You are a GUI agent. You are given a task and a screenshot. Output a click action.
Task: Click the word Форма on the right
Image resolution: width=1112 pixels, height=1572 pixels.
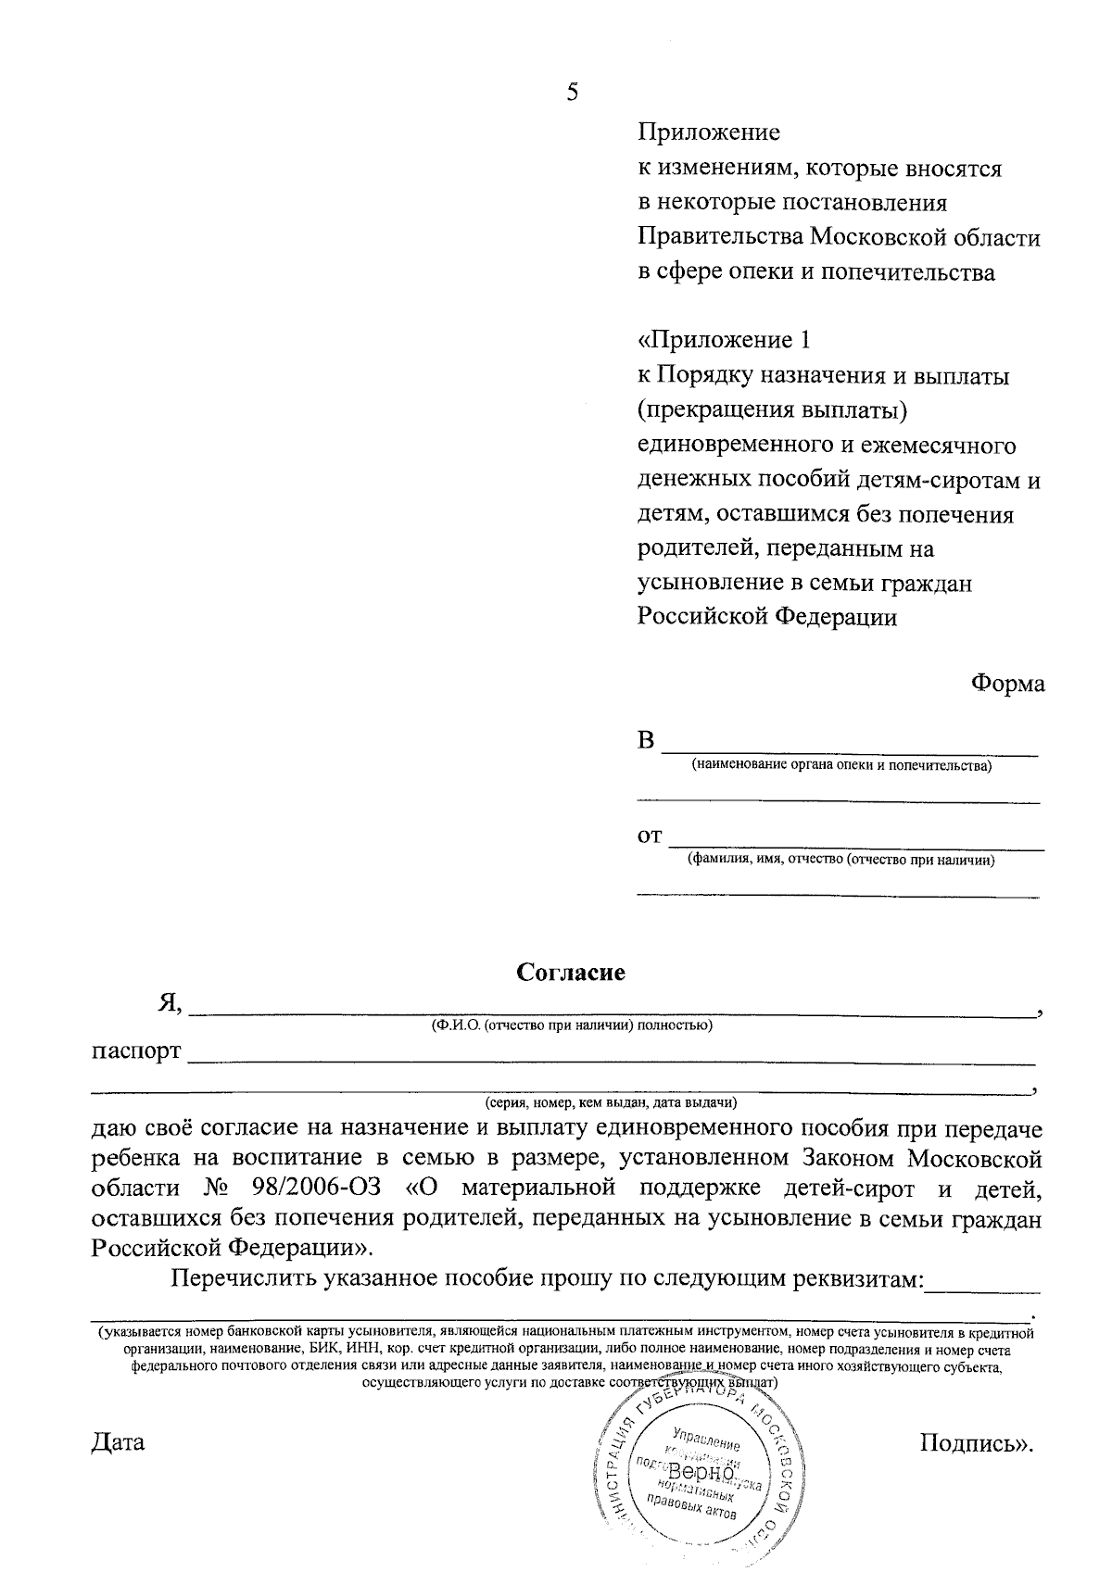[1007, 685]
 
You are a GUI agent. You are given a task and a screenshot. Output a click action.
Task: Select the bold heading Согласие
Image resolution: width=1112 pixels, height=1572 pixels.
[571, 973]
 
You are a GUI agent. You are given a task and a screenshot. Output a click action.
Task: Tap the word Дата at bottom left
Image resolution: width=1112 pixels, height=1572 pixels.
[118, 1442]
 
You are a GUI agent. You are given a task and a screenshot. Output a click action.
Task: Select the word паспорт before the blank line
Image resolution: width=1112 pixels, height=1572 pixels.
[135, 1053]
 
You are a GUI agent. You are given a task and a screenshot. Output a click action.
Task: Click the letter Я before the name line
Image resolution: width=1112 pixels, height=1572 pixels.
[169, 1004]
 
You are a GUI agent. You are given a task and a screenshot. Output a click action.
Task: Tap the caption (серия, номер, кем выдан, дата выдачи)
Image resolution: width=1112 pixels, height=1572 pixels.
[611, 1103]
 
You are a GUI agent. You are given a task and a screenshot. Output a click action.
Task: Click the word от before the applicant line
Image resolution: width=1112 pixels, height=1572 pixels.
[650, 836]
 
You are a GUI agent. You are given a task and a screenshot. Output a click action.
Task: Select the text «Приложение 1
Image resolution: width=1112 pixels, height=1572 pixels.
[724, 340]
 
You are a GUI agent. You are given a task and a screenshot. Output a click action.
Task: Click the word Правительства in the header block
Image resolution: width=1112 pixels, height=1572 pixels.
[720, 238]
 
